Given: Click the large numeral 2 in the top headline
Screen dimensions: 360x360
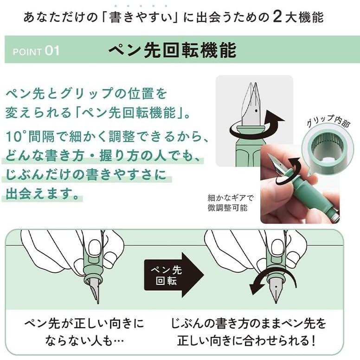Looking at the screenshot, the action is (x=277, y=17).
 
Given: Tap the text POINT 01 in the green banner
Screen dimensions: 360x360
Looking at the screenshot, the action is (x=36, y=51).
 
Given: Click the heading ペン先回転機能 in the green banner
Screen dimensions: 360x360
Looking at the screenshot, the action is (x=173, y=50).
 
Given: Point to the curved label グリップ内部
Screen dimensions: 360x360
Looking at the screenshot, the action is (x=328, y=121).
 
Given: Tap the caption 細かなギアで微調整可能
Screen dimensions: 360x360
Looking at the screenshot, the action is (x=230, y=203).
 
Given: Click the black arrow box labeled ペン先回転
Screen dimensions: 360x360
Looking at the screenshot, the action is (x=174, y=275).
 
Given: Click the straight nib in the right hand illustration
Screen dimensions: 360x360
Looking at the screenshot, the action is (x=276, y=290).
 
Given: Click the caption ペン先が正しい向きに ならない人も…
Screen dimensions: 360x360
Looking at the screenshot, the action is (x=84, y=332).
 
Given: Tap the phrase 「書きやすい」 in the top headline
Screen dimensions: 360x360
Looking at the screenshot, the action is (x=141, y=18).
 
